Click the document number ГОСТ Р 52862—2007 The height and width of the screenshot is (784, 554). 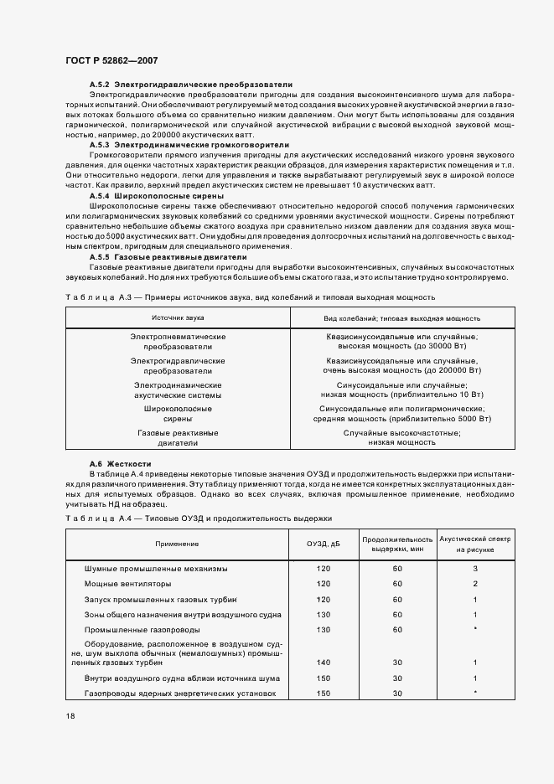[111, 61]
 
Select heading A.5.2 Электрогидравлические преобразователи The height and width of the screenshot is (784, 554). [190, 85]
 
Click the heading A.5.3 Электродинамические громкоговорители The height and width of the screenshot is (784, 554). [189, 145]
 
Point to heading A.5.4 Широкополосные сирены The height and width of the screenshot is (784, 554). [156, 195]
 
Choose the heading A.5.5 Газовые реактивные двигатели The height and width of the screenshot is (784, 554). [168, 257]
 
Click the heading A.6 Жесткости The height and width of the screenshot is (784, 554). [120, 463]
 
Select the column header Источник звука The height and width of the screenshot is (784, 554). [178, 318]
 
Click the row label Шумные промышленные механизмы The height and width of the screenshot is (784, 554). [156, 569]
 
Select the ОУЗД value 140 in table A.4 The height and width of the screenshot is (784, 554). [324, 663]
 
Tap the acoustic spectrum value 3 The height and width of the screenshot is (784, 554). [474, 569]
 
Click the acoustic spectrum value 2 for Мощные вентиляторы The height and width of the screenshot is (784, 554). [474, 584]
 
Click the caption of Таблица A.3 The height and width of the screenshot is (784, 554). [250, 297]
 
